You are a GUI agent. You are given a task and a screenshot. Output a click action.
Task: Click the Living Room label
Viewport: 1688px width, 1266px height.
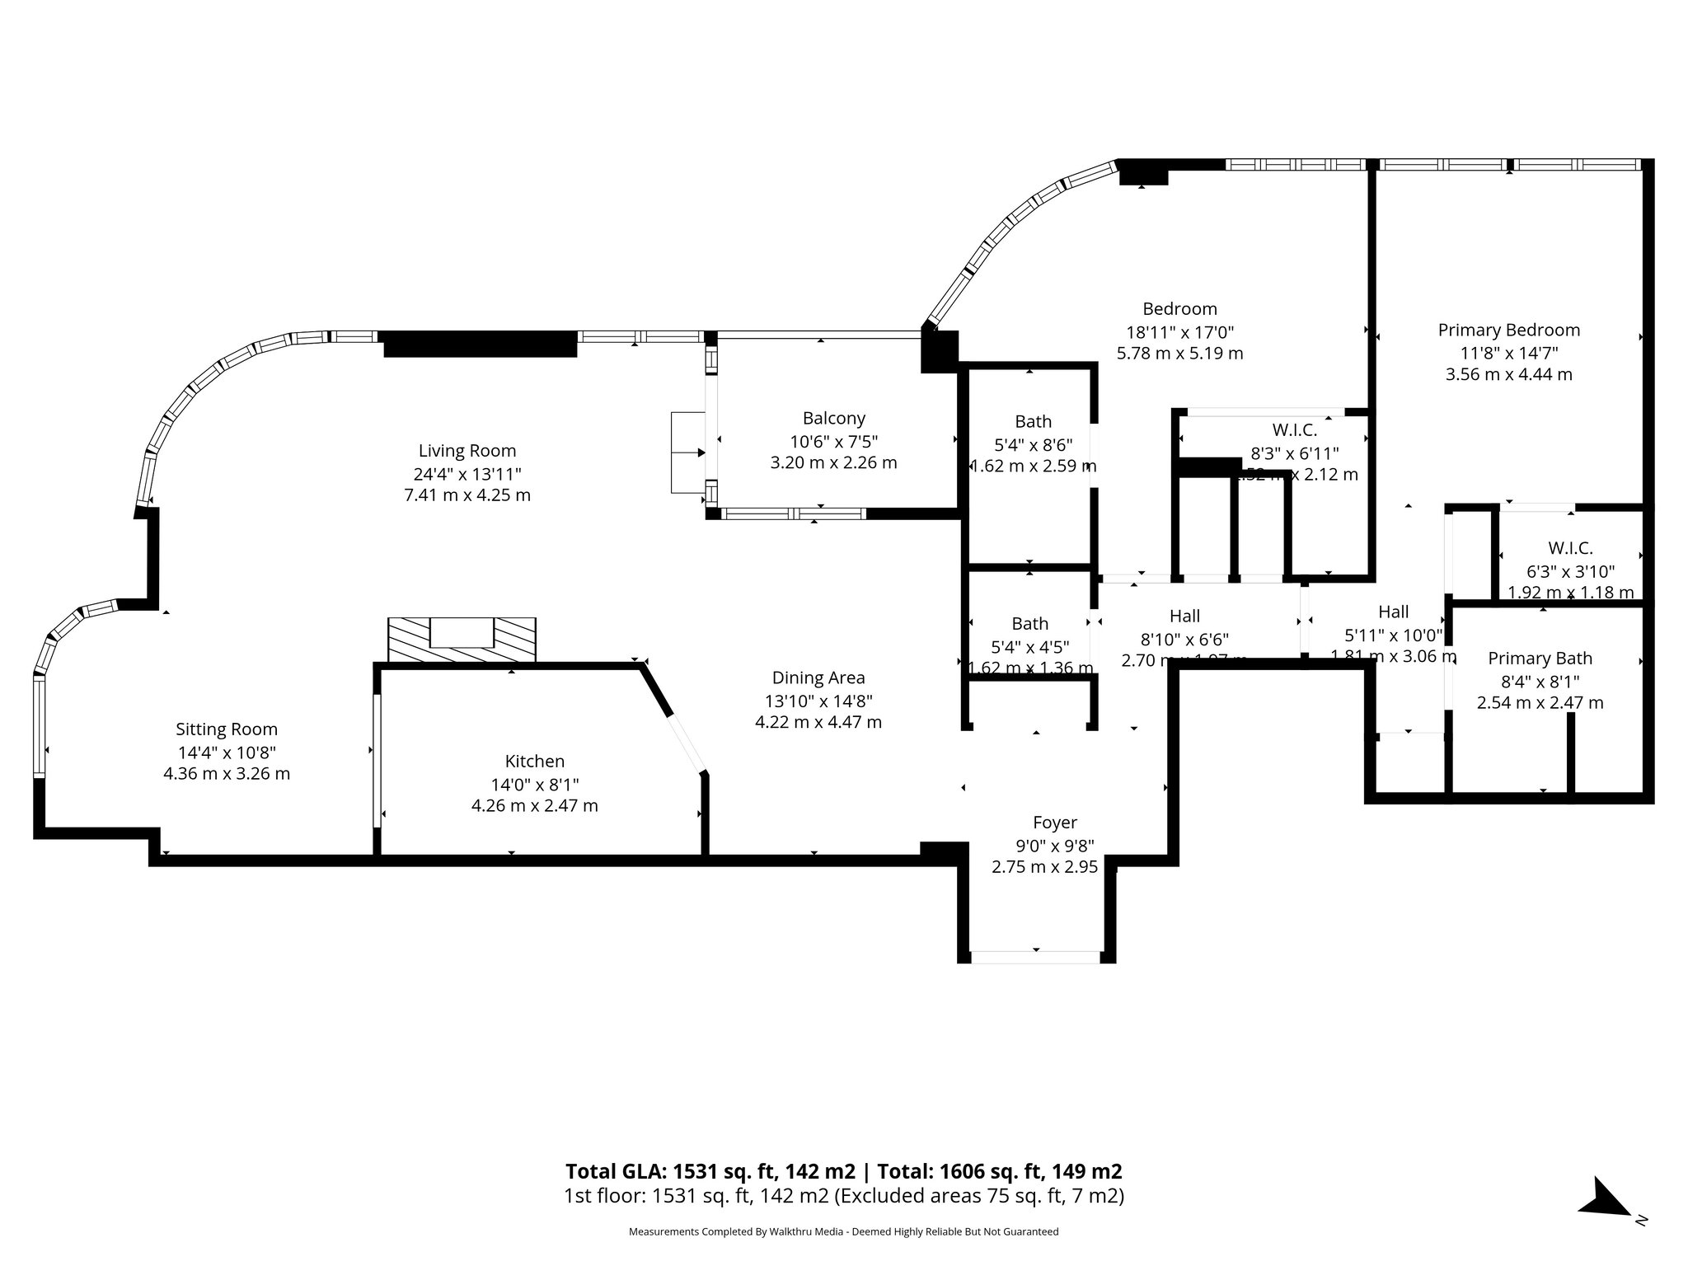point(467,451)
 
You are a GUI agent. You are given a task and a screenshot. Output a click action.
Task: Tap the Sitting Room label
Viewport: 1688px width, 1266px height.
point(227,729)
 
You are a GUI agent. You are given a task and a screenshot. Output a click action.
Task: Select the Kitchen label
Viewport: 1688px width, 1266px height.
point(534,762)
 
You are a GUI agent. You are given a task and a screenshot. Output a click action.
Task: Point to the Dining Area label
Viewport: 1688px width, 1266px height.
point(818,678)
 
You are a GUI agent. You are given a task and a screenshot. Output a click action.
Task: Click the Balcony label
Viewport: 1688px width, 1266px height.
point(833,419)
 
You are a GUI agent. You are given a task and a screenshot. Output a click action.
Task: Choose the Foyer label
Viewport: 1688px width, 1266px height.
point(1054,823)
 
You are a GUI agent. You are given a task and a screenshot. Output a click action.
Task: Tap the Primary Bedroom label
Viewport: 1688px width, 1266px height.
point(1508,331)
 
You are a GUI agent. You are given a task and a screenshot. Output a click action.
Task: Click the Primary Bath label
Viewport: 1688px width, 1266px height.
point(1540,659)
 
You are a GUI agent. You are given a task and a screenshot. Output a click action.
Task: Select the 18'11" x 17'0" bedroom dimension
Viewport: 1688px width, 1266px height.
point(1179,332)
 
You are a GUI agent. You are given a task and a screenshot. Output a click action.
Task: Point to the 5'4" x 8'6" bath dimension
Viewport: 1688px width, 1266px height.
point(1033,445)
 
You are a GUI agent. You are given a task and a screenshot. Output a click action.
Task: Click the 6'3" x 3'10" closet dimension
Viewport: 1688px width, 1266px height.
point(1570,571)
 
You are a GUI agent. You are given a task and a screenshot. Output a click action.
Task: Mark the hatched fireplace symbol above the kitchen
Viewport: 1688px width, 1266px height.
point(462,640)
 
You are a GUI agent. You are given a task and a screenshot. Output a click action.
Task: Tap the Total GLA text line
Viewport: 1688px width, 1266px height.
point(842,1171)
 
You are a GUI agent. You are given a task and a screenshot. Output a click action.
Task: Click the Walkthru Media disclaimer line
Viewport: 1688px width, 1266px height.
point(842,1231)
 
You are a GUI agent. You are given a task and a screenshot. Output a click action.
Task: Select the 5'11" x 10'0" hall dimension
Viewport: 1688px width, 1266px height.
point(1393,635)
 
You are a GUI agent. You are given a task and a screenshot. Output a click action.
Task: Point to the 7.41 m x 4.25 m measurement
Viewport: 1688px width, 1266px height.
point(467,496)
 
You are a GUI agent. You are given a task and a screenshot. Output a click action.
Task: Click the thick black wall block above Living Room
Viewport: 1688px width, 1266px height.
point(480,343)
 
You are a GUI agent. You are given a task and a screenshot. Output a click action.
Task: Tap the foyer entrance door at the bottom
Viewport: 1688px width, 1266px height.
point(1035,957)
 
